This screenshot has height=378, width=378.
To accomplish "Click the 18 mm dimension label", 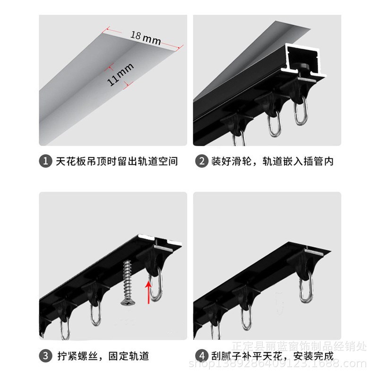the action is [146, 38].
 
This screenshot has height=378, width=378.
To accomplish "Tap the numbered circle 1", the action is [45, 162].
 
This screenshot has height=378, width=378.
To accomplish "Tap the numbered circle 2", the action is [202, 162].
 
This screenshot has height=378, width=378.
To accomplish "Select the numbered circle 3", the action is [45, 355].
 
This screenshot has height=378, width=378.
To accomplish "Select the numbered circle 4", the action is [202, 355].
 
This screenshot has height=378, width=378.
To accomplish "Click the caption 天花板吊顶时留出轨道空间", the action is [116, 162].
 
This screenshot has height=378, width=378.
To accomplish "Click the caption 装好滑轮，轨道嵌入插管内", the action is [272, 162].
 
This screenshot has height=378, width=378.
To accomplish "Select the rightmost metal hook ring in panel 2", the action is [301, 112].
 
